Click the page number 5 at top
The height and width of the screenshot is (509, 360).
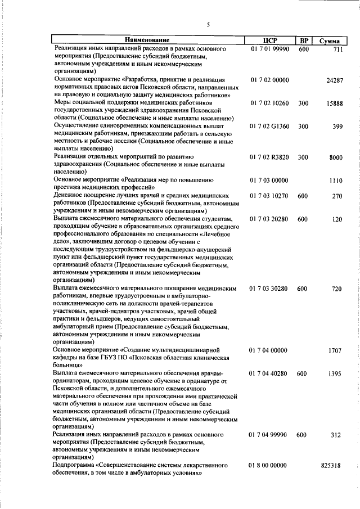(x=208, y=25)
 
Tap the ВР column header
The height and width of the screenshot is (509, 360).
(x=304, y=40)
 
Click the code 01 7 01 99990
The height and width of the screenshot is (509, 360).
(x=269, y=49)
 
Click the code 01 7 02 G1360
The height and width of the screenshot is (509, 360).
(x=269, y=127)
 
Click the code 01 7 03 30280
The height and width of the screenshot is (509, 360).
(x=269, y=288)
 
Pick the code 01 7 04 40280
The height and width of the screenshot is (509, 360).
(x=269, y=373)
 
